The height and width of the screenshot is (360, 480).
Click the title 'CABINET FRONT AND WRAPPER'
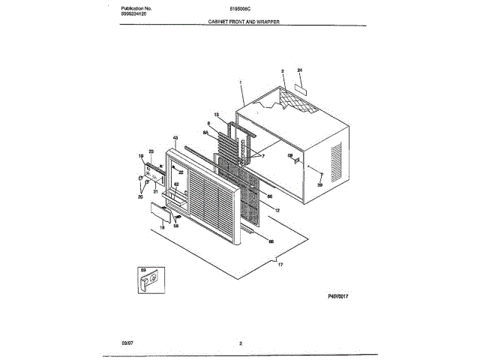pyautogui.click(x=244, y=23)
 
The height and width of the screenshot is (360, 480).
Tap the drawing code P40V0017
pyautogui.click(x=340, y=296)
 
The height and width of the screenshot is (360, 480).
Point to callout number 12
pyautogui.click(x=277, y=210)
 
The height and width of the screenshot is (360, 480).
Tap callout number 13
pyautogui.click(x=216, y=115)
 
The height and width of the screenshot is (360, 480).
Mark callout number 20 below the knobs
pyautogui.click(x=139, y=197)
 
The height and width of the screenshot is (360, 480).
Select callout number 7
pyautogui.click(x=263, y=157)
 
